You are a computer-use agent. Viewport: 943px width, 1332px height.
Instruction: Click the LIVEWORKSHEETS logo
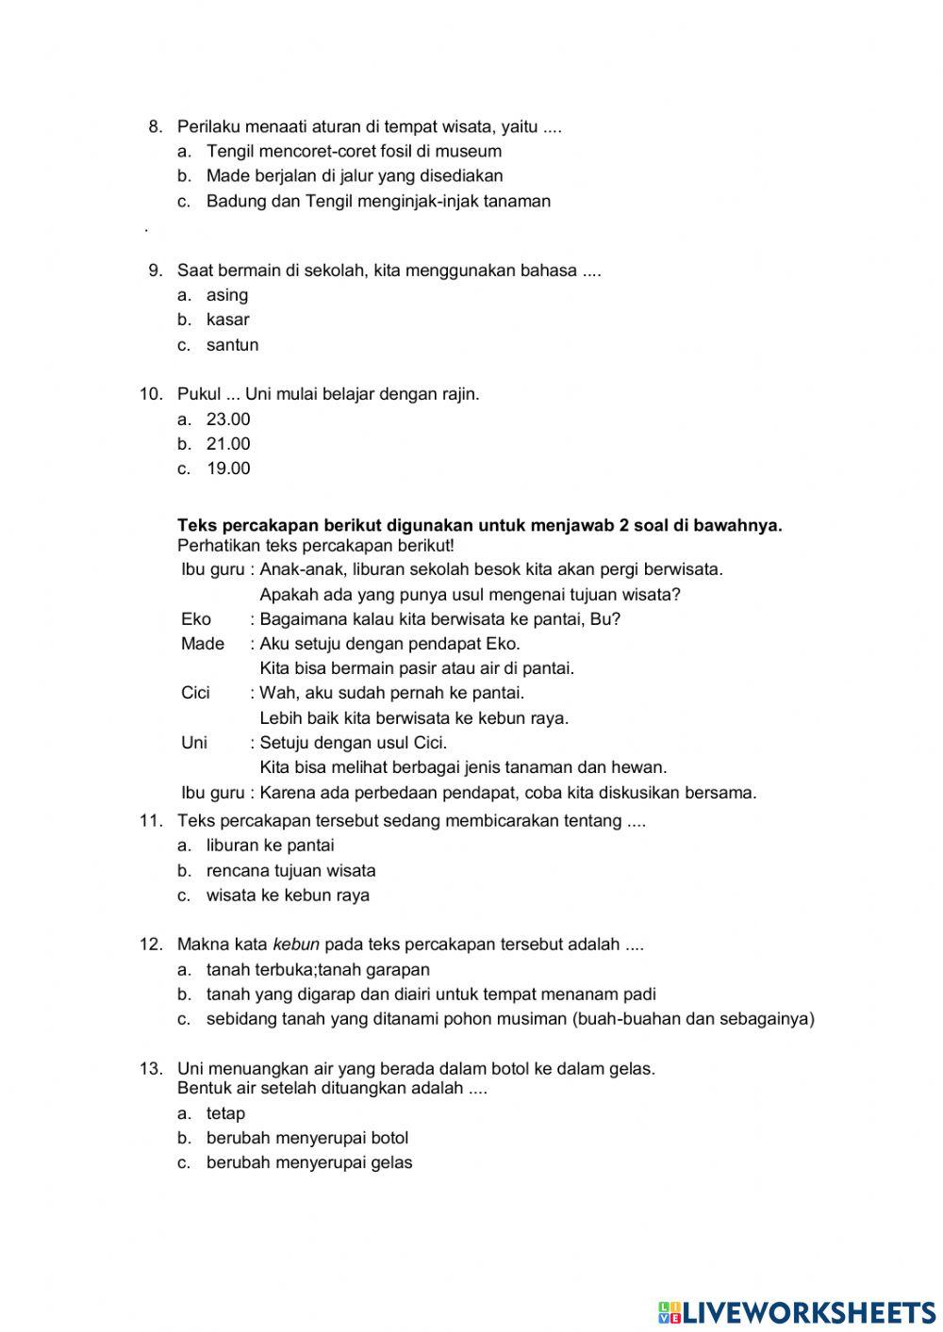(x=797, y=1311)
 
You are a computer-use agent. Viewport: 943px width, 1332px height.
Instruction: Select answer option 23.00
(x=228, y=419)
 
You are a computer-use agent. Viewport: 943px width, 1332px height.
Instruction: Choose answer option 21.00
(x=228, y=444)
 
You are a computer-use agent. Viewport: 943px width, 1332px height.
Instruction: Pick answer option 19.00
(x=228, y=469)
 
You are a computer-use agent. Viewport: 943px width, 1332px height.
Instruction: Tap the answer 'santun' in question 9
(x=232, y=345)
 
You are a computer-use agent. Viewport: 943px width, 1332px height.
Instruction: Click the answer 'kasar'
(x=227, y=320)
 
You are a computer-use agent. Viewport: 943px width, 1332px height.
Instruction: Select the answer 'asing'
(x=227, y=295)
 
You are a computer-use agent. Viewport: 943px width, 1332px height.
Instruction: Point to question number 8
(x=156, y=126)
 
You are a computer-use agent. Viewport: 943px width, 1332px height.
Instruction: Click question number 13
(x=151, y=1068)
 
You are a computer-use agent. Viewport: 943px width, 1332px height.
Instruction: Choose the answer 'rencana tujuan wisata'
(x=290, y=871)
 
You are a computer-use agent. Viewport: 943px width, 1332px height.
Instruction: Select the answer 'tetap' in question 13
(x=225, y=1113)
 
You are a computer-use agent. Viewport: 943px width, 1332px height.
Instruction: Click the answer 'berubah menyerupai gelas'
(x=309, y=1162)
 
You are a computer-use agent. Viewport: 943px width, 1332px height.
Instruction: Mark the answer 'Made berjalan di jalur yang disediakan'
(x=355, y=175)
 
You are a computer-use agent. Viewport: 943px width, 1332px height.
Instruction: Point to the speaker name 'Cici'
(x=195, y=693)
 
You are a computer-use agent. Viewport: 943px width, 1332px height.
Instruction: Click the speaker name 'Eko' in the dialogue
(x=195, y=619)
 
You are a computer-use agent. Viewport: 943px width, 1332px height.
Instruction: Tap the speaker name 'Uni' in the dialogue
(x=194, y=743)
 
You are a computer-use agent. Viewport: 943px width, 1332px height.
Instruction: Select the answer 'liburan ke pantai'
(x=270, y=846)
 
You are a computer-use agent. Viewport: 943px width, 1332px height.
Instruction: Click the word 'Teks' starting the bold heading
(x=196, y=526)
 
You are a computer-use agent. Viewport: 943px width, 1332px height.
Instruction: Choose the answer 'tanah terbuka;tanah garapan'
(x=318, y=969)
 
